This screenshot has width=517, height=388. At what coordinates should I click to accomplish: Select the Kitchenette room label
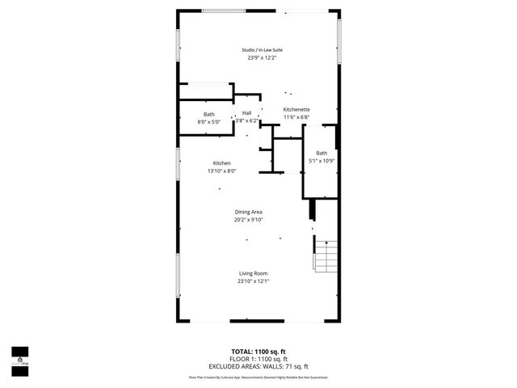pos(296,110)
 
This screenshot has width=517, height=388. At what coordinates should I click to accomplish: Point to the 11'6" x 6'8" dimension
pos(296,118)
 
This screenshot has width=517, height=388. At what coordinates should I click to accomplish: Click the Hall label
pos(247,113)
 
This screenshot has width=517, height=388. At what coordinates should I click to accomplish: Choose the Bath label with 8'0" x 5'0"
pos(209,114)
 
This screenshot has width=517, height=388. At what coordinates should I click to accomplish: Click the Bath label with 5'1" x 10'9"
pos(322,153)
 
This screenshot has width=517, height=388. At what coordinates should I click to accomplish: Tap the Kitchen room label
pos(222,162)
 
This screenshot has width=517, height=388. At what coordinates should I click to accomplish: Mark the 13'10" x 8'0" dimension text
pos(221,171)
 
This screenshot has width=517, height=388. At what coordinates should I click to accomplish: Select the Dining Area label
pos(249,212)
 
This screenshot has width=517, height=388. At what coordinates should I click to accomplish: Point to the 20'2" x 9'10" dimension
pos(249,220)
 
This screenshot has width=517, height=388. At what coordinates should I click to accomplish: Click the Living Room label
pos(253,273)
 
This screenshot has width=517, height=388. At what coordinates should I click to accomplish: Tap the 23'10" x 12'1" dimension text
pos(253,281)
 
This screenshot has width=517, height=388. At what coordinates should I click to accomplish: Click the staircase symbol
pos(326,256)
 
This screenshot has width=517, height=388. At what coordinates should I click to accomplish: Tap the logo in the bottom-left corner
pos(19,356)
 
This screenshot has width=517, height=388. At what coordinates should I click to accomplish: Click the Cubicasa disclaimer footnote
pos(258,377)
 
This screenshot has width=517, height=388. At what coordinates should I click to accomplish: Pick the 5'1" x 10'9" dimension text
pos(322,161)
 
